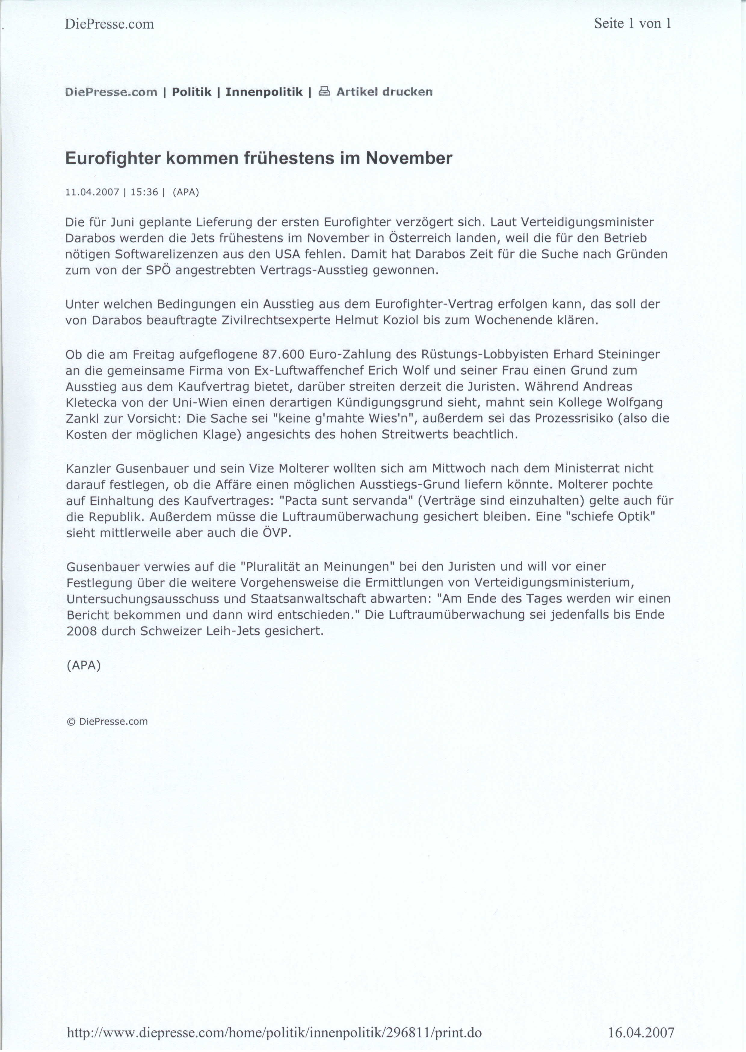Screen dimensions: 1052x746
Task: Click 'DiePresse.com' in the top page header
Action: coord(109,24)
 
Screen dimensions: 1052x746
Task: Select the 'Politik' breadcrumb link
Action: coord(192,92)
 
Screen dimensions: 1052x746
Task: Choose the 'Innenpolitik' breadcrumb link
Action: coord(264,92)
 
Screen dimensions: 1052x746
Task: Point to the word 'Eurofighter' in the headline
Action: coord(113,159)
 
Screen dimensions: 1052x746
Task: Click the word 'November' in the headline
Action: coord(409,159)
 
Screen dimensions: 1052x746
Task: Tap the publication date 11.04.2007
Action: coord(92,192)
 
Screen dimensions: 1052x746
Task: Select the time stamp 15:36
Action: coord(144,192)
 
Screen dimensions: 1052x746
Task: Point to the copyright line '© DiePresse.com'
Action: coord(107,722)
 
